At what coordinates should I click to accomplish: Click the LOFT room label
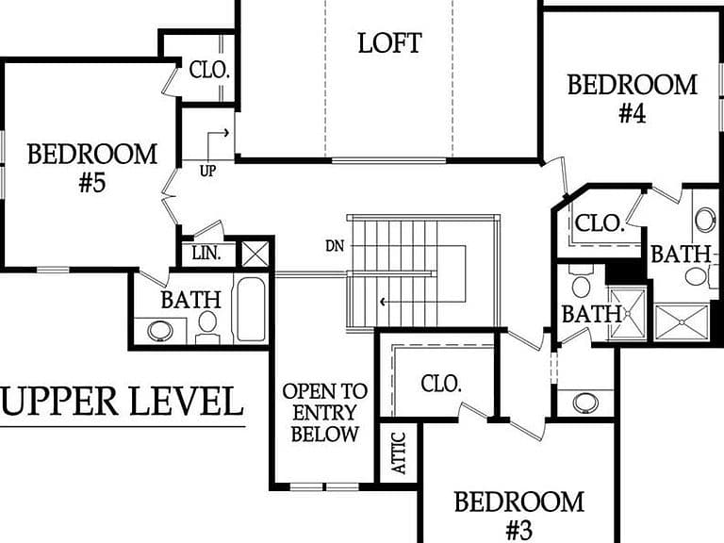389,43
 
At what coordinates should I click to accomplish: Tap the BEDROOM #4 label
633,99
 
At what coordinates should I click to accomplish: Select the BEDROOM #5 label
92,168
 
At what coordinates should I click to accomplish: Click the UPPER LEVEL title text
122,402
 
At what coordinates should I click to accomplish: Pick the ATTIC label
399,452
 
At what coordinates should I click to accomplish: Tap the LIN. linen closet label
206,254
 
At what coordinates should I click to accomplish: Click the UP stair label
207,171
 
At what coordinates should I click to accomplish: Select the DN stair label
335,246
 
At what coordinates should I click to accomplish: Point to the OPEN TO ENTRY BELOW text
324,412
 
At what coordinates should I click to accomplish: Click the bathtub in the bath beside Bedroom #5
251,309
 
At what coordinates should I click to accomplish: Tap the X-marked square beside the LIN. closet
255,254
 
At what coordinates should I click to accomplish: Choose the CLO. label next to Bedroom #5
209,70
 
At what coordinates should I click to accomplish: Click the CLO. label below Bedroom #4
600,223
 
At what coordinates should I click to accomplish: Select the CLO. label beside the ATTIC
441,384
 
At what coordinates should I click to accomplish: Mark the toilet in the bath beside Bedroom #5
207,326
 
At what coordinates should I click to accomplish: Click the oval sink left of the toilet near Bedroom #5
160,331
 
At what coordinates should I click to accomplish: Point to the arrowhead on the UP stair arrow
226,133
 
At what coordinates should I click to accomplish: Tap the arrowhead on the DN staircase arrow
383,303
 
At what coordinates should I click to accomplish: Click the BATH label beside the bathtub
191,300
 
